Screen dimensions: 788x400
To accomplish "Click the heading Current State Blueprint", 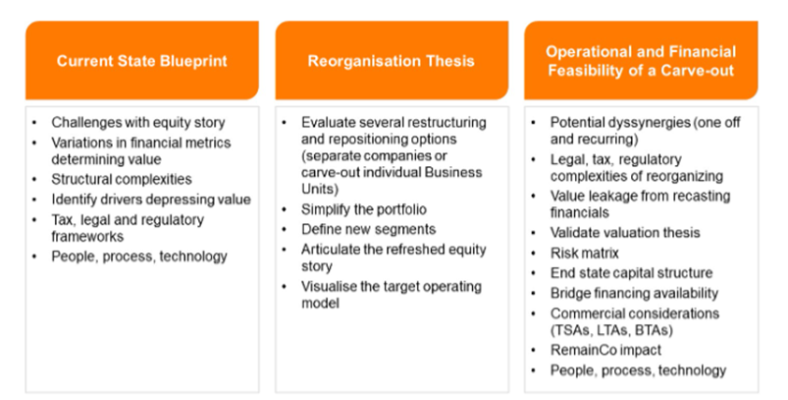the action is [x=141, y=61].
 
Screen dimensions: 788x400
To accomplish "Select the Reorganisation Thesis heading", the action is [x=391, y=61].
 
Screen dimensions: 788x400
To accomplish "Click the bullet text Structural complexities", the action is [x=122, y=179].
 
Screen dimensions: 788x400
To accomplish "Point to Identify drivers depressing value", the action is [x=151, y=200].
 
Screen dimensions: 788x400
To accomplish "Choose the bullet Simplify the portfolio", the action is [x=364, y=209].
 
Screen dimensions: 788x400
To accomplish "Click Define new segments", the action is [x=368, y=229].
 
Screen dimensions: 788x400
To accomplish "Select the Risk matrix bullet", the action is [x=585, y=253].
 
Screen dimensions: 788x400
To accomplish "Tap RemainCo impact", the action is [x=605, y=350].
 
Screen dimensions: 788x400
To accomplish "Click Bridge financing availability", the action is [x=634, y=293].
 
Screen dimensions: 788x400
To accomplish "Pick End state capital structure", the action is [x=631, y=272].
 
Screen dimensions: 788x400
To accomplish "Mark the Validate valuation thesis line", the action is [x=625, y=233].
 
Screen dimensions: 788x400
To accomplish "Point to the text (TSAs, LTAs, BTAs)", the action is [x=611, y=330].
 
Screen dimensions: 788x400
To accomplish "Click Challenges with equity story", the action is [x=138, y=122].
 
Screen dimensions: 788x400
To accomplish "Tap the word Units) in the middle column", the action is [x=320, y=189].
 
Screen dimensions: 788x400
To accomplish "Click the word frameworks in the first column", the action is [x=87, y=236].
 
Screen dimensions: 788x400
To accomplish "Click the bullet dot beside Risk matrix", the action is [x=534, y=254].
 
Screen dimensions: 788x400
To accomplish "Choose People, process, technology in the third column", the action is [x=638, y=371].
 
